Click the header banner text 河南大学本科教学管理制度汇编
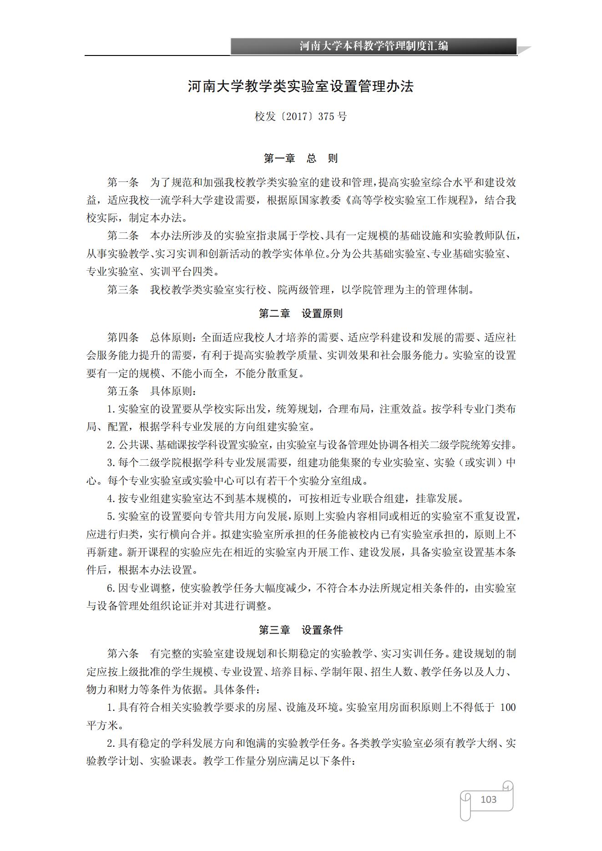tap(374, 46)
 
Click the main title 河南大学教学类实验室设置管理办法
tap(301, 86)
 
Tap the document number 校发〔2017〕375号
tap(301, 116)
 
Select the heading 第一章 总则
tap(301, 158)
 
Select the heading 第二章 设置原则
tap(301, 313)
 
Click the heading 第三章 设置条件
tap(301, 630)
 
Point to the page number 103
tap(488, 800)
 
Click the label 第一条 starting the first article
tap(123, 183)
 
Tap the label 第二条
tap(123, 236)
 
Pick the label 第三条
tap(123, 290)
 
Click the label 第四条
tap(123, 337)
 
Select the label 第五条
tap(123, 391)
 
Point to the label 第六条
tap(123, 654)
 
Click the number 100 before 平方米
tap(508, 708)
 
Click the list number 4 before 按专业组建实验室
tap(110, 499)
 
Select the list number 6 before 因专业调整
tap(110, 588)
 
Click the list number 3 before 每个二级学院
tap(110, 463)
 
